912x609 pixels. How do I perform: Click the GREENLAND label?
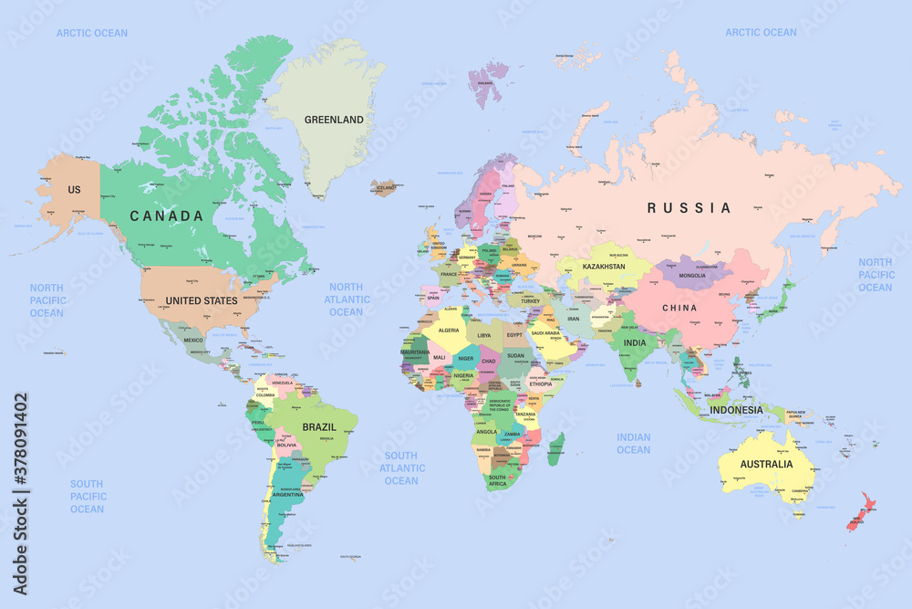coord(334,120)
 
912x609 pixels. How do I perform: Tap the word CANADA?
coord(166,216)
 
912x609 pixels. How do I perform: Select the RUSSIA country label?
coord(689,208)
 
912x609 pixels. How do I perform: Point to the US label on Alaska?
coord(74,189)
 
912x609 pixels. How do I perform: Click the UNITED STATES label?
coord(202,300)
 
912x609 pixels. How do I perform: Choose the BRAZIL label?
coord(319,426)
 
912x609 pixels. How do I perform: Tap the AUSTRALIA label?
coord(766,464)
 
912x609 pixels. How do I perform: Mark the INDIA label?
coord(635,343)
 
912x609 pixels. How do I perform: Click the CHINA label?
coord(679,308)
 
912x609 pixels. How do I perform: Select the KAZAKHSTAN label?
coord(604,267)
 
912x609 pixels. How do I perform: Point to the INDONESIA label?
coord(736,410)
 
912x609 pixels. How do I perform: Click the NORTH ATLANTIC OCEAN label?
coord(347,299)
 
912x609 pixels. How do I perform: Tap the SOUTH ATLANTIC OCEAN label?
coord(400,468)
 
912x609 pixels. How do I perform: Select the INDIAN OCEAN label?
coord(633,444)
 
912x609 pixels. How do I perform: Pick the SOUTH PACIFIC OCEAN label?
coord(88,497)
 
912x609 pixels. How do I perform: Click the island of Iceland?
coord(383,188)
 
